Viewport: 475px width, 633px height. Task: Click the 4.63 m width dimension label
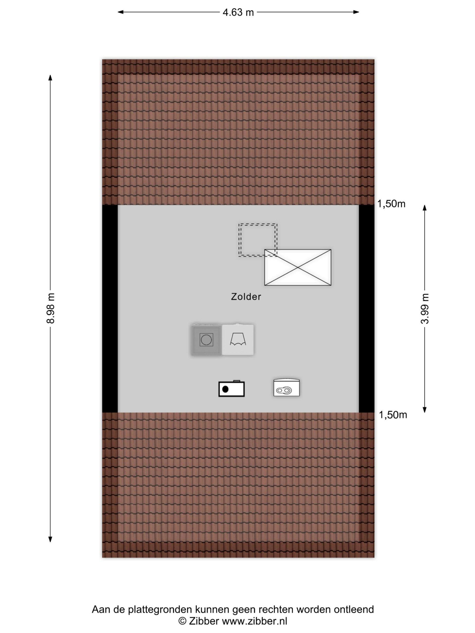pyautogui.click(x=238, y=12)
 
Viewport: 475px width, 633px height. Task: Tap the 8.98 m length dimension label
pyautogui.click(x=50, y=308)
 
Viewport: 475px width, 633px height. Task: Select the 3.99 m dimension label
pyautogui.click(x=425, y=309)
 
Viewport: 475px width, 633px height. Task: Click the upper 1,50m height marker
pyautogui.click(x=391, y=204)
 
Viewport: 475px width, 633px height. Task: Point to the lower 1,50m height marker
pyautogui.click(x=393, y=415)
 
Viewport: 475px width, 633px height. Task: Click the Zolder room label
pyautogui.click(x=246, y=297)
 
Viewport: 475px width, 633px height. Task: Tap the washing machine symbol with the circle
pyautogui.click(x=206, y=340)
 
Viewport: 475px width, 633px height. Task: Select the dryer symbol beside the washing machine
pyautogui.click(x=238, y=340)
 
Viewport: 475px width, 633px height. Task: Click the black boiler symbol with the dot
pyautogui.click(x=231, y=389)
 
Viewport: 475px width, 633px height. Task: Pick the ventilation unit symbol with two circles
pyautogui.click(x=286, y=388)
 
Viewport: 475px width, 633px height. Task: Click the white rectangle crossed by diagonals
pyautogui.click(x=298, y=267)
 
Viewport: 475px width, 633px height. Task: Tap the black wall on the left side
pyautogui.click(x=110, y=309)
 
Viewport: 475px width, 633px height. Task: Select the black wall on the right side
pyautogui.click(x=366, y=309)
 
